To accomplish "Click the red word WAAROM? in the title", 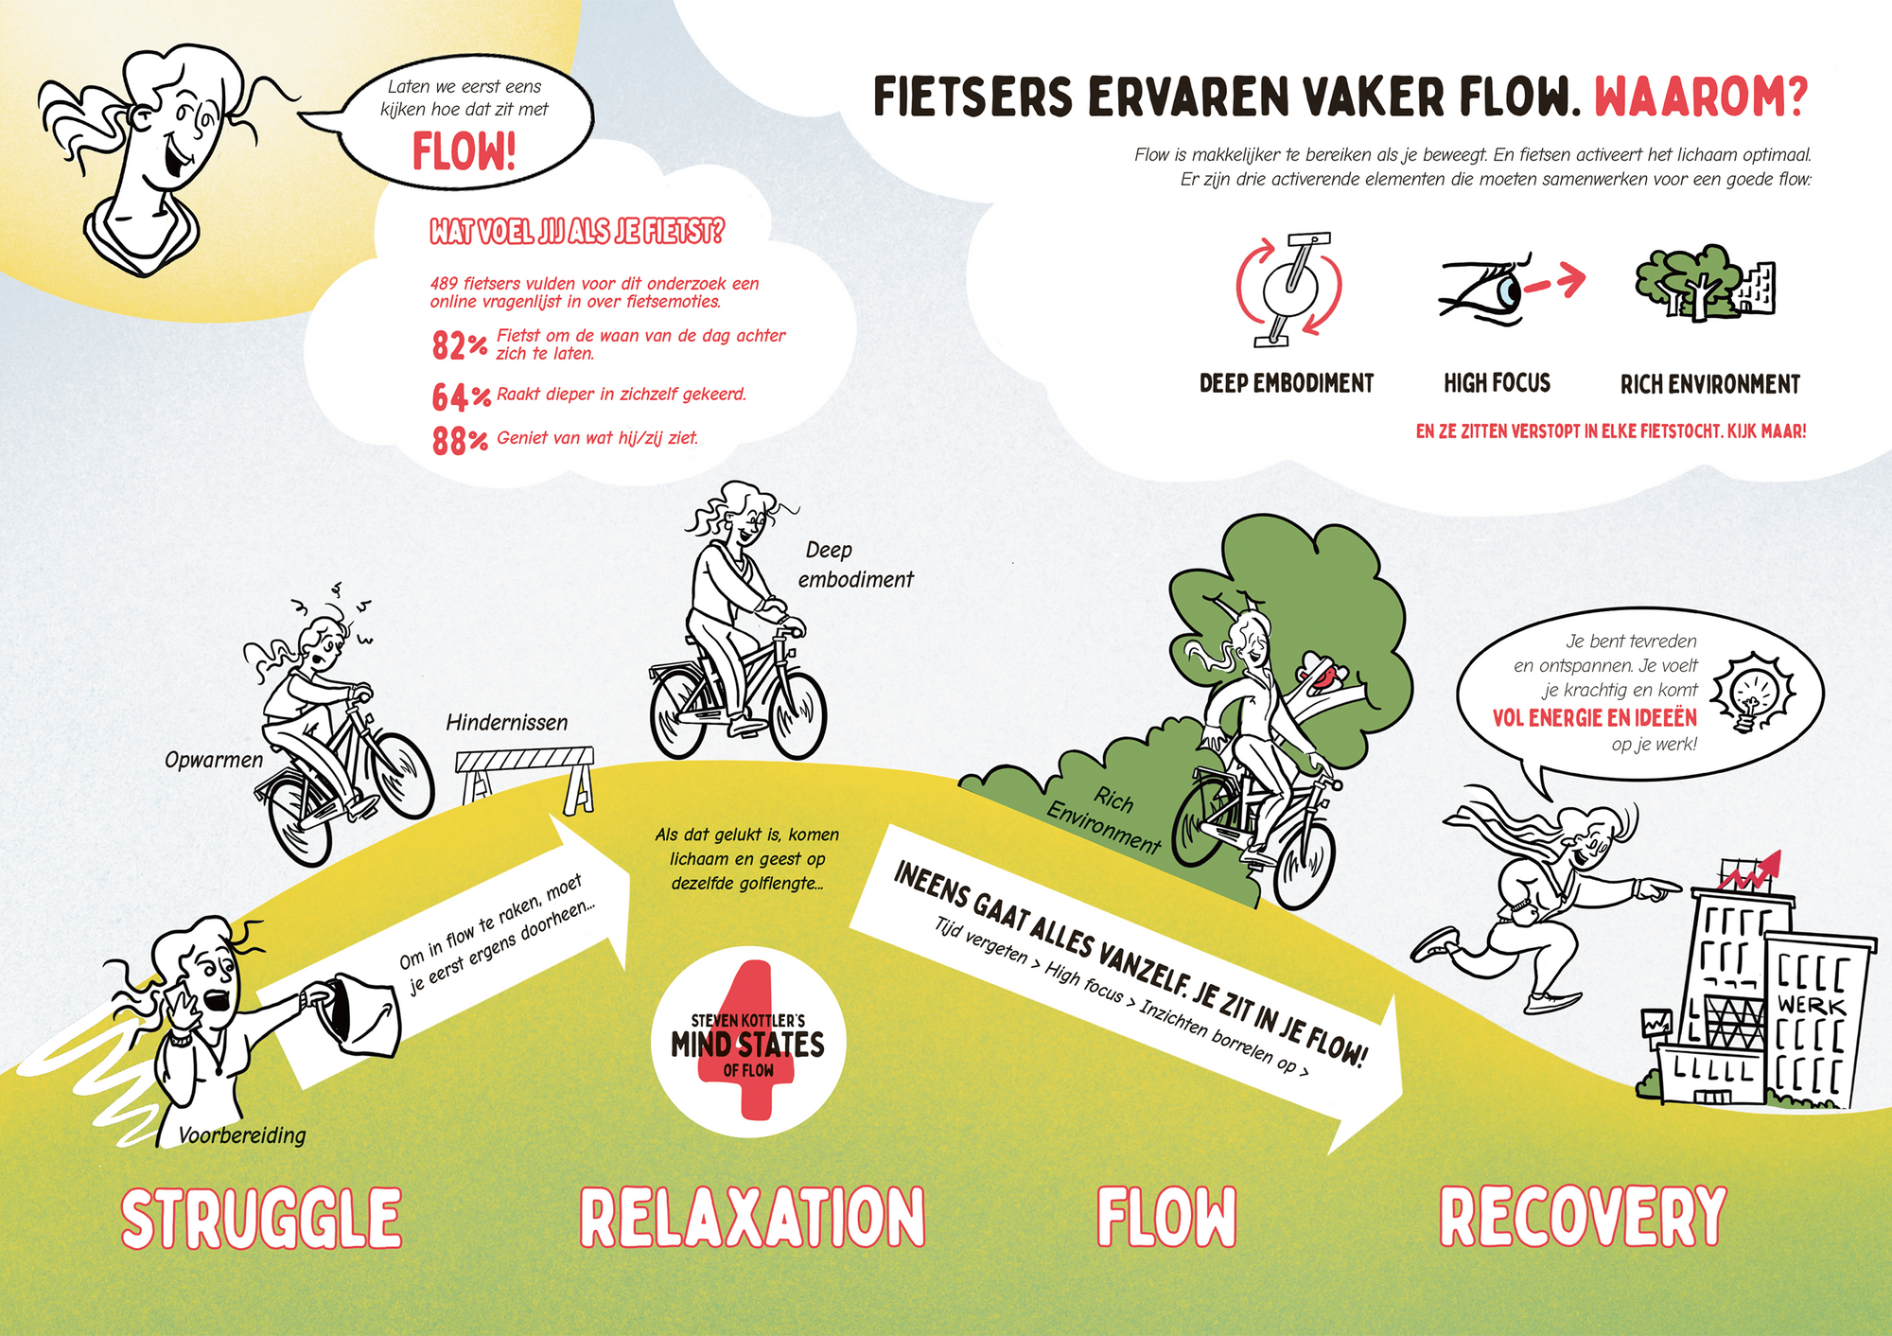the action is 1701,97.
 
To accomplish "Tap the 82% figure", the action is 460,345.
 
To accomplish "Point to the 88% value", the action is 460,441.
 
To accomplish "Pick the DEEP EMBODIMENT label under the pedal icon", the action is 1286,383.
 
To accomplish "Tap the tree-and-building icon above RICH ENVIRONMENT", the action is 1705,283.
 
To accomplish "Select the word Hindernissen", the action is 507,723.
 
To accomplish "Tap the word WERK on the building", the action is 1811,1005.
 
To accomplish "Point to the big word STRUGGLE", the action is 261,1218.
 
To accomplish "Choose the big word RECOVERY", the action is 1583,1217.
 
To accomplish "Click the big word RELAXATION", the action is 752,1218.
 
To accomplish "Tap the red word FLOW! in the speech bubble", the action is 464,151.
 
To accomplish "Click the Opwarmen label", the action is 214,760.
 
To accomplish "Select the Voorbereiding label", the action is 242,1134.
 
